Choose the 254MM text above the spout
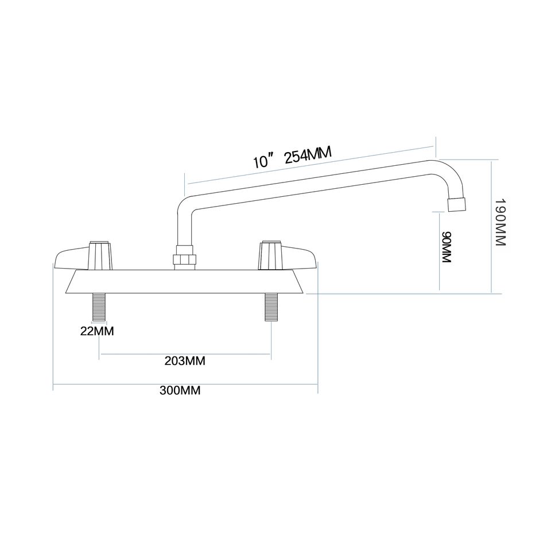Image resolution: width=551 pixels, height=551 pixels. click(308, 155)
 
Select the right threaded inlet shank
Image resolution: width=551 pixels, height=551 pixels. click(270, 306)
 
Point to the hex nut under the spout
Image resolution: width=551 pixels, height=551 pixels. click(185, 258)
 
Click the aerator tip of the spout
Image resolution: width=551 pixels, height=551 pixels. click(456, 203)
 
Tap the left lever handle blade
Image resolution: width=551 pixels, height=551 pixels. click(71, 258)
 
